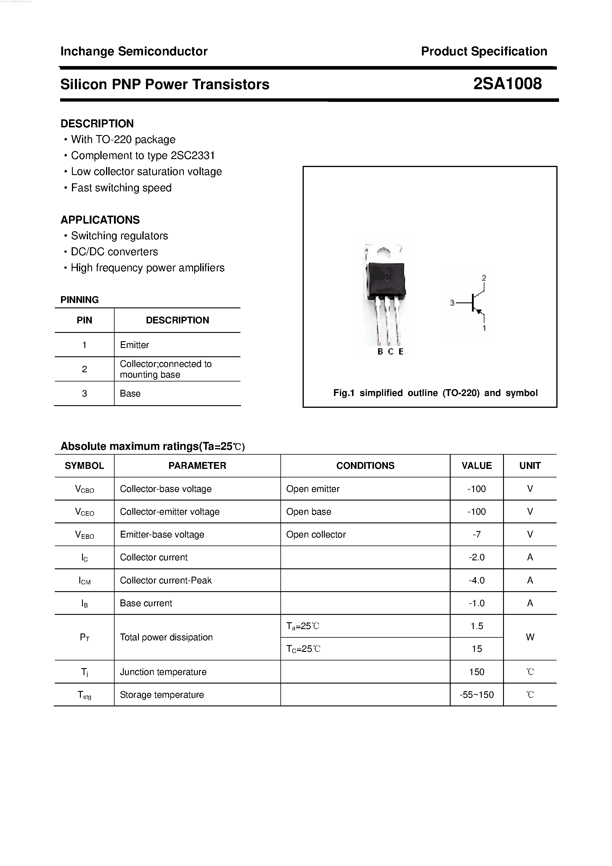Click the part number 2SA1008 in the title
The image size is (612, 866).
click(x=507, y=84)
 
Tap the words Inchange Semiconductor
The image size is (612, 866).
click(x=134, y=51)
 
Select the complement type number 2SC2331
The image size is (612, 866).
click(x=193, y=155)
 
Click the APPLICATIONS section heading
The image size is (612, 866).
click(x=100, y=219)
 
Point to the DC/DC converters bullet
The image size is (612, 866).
click(x=114, y=251)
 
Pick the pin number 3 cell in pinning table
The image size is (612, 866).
click(x=84, y=393)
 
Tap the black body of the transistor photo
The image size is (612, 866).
click(x=386, y=280)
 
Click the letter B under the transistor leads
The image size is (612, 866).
click(x=380, y=352)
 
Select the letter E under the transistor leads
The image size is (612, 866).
click(x=401, y=352)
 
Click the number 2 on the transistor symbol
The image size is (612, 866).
click(x=484, y=278)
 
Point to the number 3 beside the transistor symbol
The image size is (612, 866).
click(x=452, y=302)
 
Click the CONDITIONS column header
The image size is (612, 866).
click(x=365, y=466)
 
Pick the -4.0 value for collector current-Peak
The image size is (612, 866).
click(x=476, y=580)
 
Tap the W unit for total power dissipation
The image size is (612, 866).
click(x=530, y=637)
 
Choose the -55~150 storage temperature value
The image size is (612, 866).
click(x=477, y=695)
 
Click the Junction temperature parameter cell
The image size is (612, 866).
click(x=163, y=672)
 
